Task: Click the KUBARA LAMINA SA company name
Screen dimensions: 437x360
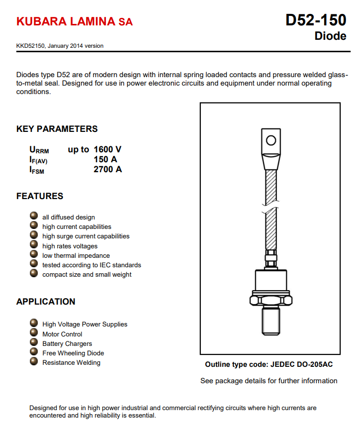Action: click(75, 22)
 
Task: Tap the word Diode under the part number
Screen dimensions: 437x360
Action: click(330, 36)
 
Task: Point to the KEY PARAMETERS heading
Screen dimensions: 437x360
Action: click(57, 129)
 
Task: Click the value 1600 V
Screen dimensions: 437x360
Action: click(107, 149)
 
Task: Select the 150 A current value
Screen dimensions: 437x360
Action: click(105, 159)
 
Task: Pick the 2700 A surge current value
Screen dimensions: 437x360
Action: click(107, 169)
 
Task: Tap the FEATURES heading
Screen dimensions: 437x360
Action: click(40, 196)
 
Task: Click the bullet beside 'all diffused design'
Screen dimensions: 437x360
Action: click(34, 216)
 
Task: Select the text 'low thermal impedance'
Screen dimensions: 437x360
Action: click(76, 255)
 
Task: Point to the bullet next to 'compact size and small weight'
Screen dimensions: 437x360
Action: click(34, 273)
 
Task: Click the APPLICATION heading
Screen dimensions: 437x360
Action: click(46, 302)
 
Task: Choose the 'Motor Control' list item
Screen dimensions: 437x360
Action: click(62, 334)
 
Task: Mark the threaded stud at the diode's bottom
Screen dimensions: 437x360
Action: click(270, 322)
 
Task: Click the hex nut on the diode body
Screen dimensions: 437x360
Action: click(270, 300)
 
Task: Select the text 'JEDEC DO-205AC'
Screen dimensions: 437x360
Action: click(302, 364)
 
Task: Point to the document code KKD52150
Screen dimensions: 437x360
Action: click(31, 46)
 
